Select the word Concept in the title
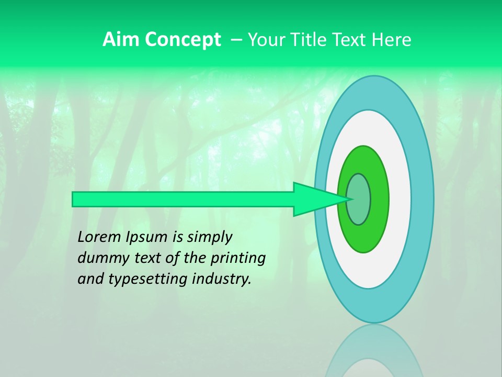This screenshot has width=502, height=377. point(183,40)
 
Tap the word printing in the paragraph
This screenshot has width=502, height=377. point(238,258)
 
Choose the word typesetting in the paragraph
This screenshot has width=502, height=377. point(148,279)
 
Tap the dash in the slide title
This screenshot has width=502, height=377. point(236,40)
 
